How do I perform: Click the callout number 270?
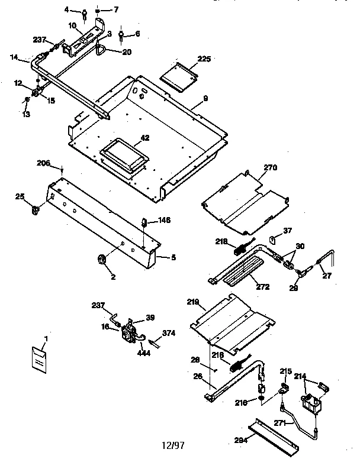(x=271, y=167)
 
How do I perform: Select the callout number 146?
(x=164, y=220)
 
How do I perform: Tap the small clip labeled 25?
(x=36, y=208)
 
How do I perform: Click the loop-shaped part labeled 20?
(x=99, y=49)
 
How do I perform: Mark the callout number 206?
(x=43, y=163)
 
